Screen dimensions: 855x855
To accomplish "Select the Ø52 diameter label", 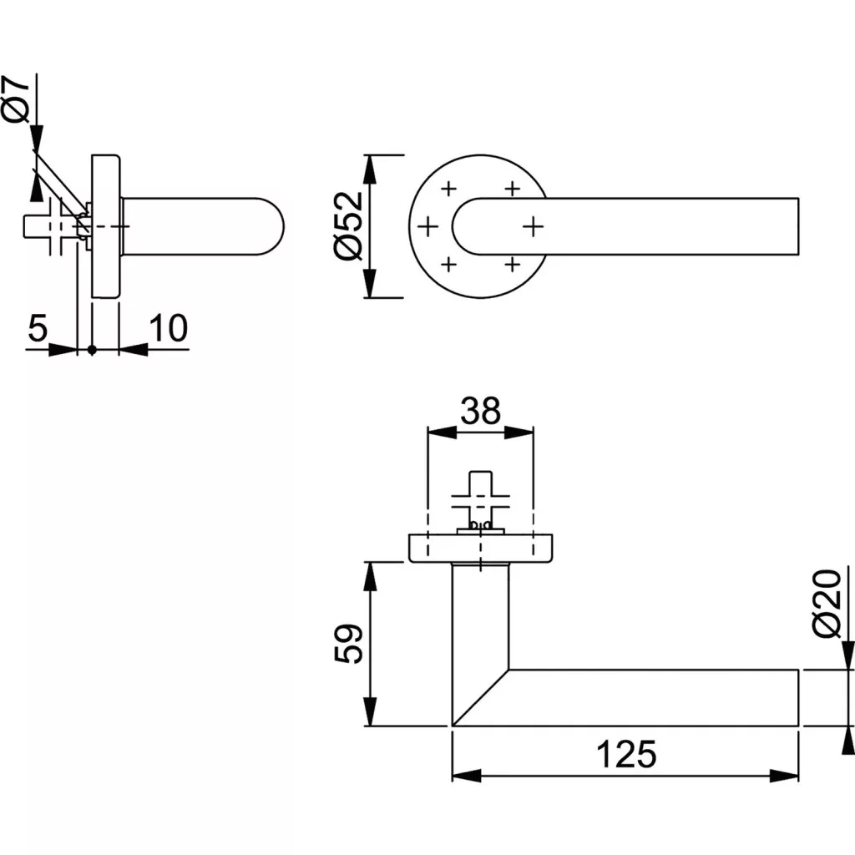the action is (x=347, y=225).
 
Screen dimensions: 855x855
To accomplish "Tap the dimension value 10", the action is (x=169, y=327).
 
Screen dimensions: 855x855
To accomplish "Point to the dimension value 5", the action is (x=38, y=327).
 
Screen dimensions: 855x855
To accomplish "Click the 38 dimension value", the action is (x=480, y=411).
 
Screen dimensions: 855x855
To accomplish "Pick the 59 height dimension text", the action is (x=348, y=644).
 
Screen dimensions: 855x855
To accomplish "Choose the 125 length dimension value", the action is (x=626, y=754).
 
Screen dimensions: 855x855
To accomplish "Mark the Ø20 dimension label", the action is (x=827, y=603).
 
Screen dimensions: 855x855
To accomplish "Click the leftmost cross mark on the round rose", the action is (x=428, y=225).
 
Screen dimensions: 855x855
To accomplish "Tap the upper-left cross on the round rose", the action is (x=448, y=189).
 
